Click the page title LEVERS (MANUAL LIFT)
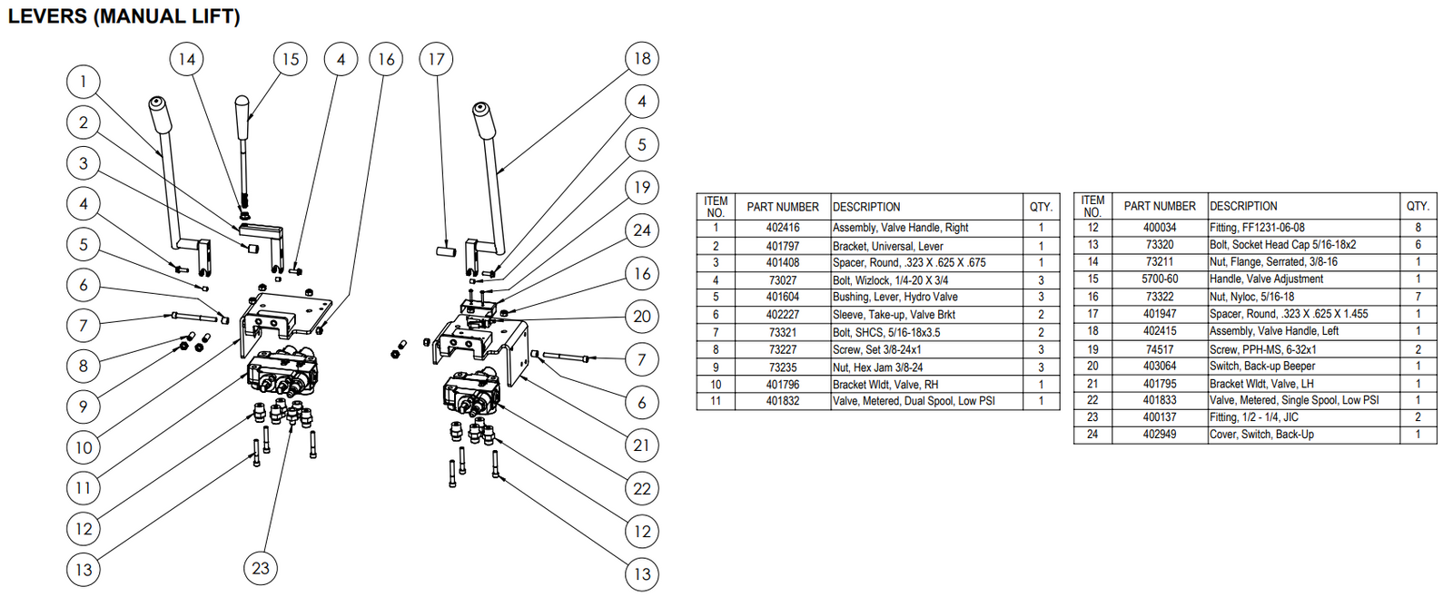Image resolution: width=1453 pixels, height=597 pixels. tap(124, 16)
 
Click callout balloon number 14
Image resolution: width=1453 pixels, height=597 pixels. tap(187, 59)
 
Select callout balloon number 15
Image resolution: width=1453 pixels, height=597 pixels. tap(290, 59)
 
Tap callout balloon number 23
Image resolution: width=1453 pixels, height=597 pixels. tap(261, 568)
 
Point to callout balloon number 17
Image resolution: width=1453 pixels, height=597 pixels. tap(437, 59)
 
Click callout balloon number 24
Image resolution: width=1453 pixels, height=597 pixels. tap(642, 230)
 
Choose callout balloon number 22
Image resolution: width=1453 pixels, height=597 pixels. tap(642, 489)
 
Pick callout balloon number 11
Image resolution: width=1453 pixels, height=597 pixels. tap(84, 488)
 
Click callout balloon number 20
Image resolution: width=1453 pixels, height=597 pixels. tap(642, 317)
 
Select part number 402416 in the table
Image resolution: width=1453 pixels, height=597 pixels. tap(782, 228)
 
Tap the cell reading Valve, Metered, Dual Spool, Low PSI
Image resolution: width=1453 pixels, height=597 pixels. tap(913, 401)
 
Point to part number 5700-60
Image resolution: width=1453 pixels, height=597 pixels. tap(1159, 279)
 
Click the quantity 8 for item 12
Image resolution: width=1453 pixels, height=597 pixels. tap(1417, 228)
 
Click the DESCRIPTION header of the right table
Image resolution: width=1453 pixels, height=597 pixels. tap(1242, 206)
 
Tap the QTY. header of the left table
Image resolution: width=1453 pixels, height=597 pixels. tap(1041, 207)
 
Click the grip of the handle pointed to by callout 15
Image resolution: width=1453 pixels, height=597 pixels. tap(243, 113)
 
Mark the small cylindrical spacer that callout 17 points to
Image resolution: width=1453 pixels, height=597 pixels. tap(446, 249)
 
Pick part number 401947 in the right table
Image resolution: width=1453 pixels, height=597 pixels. tap(1159, 314)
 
